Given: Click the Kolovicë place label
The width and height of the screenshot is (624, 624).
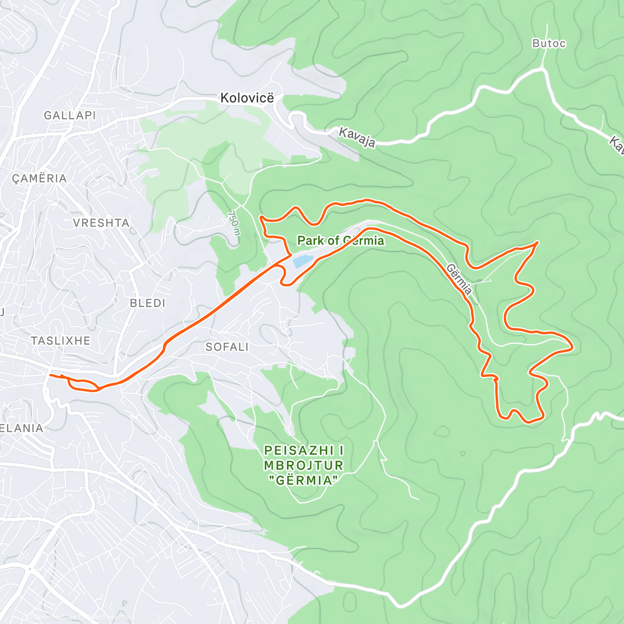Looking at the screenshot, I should coord(247,98).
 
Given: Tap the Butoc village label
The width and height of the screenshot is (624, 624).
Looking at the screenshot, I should coord(549,44).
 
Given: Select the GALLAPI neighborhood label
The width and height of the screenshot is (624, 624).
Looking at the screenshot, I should coord(70,115).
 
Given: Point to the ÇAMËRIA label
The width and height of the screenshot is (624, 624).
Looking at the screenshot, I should coord(40,178).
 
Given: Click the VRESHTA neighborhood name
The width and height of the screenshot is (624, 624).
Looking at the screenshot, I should coord(101,223).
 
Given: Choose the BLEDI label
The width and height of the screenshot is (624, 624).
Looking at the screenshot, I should coord(147,303).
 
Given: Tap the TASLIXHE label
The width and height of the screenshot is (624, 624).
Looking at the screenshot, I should coord(60,341).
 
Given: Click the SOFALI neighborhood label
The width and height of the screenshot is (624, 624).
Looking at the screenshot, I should coord(227,347).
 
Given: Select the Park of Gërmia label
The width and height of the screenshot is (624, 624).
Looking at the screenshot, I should coord(341,241).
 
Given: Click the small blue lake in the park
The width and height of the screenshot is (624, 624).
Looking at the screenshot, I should coord(303,261).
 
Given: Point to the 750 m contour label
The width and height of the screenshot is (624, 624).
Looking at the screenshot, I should coord(235,224).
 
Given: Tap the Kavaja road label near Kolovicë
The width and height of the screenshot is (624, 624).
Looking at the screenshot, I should coord(357,137).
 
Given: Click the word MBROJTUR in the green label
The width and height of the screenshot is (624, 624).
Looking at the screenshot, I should coord(304,465).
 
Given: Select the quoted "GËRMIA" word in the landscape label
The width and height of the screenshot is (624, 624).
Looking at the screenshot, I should coord(304,480).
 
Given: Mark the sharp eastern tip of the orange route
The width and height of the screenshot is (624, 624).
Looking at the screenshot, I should coord(572,346).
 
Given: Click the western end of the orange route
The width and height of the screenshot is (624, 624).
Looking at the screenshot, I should coord(49,375).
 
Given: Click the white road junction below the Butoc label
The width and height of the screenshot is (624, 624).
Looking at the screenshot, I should coord(544,68).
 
